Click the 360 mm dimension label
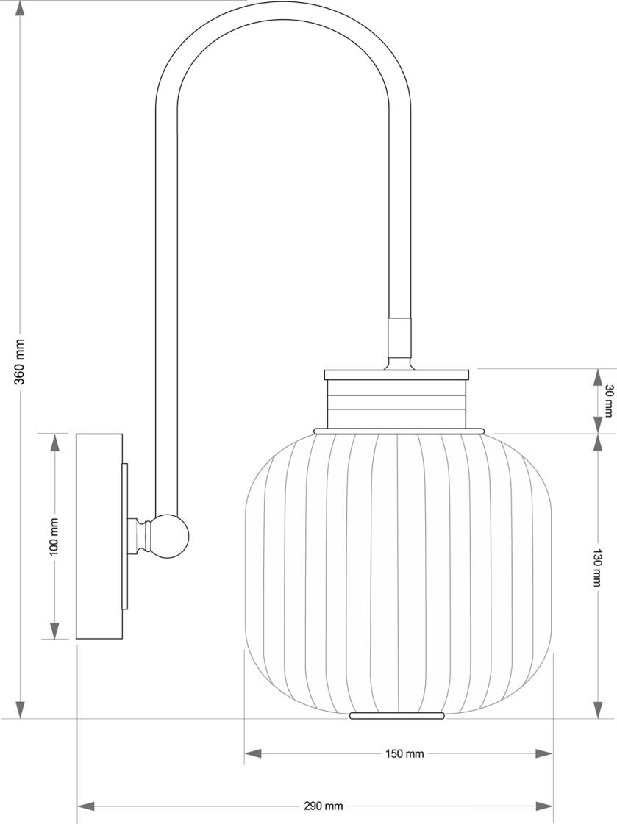[x=20, y=361]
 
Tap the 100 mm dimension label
[x=54, y=537]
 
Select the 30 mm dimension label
[x=607, y=401]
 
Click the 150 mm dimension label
[x=404, y=753]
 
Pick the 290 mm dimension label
[x=323, y=806]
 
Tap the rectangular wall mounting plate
[x=99, y=537]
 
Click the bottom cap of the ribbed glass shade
[x=397, y=715]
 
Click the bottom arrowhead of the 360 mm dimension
[x=20, y=709]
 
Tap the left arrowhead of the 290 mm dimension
[x=87, y=806]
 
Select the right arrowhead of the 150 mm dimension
[x=543, y=753]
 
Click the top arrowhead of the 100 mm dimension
[x=54, y=443]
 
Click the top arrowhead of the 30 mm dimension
[x=597, y=377]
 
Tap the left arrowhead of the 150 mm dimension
[x=254, y=753]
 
